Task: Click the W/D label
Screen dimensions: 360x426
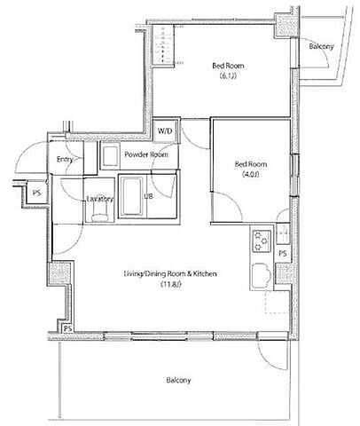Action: tap(165, 130)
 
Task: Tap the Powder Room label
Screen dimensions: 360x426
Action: tap(146, 154)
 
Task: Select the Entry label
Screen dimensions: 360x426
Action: tap(65, 160)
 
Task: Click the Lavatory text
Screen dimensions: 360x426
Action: tap(100, 199)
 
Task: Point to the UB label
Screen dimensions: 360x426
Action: tap(148, 196)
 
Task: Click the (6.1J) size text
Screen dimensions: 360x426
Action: tap(228, 76)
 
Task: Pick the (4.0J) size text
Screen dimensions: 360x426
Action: tap(251, 174)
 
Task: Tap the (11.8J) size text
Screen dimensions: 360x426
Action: tap(170, 285)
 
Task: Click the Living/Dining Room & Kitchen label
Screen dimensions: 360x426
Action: tap(170, 274)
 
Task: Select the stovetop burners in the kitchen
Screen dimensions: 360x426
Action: tap(262, 241)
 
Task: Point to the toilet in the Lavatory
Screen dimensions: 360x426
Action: tap(99, 213)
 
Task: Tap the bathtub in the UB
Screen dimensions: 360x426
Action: tap(132, 196)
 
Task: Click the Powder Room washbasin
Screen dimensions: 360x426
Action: tap(110, 156)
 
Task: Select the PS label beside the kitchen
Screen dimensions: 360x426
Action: tap(283, 254)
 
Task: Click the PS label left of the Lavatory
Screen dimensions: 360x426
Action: tap(36, 193)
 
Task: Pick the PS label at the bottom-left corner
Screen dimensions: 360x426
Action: tap(68, 328)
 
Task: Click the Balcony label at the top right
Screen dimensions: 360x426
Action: tap(321, 46)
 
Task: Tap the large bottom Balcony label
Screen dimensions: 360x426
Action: tap(178, 380)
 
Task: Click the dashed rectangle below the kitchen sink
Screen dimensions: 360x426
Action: tap(277, 302)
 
